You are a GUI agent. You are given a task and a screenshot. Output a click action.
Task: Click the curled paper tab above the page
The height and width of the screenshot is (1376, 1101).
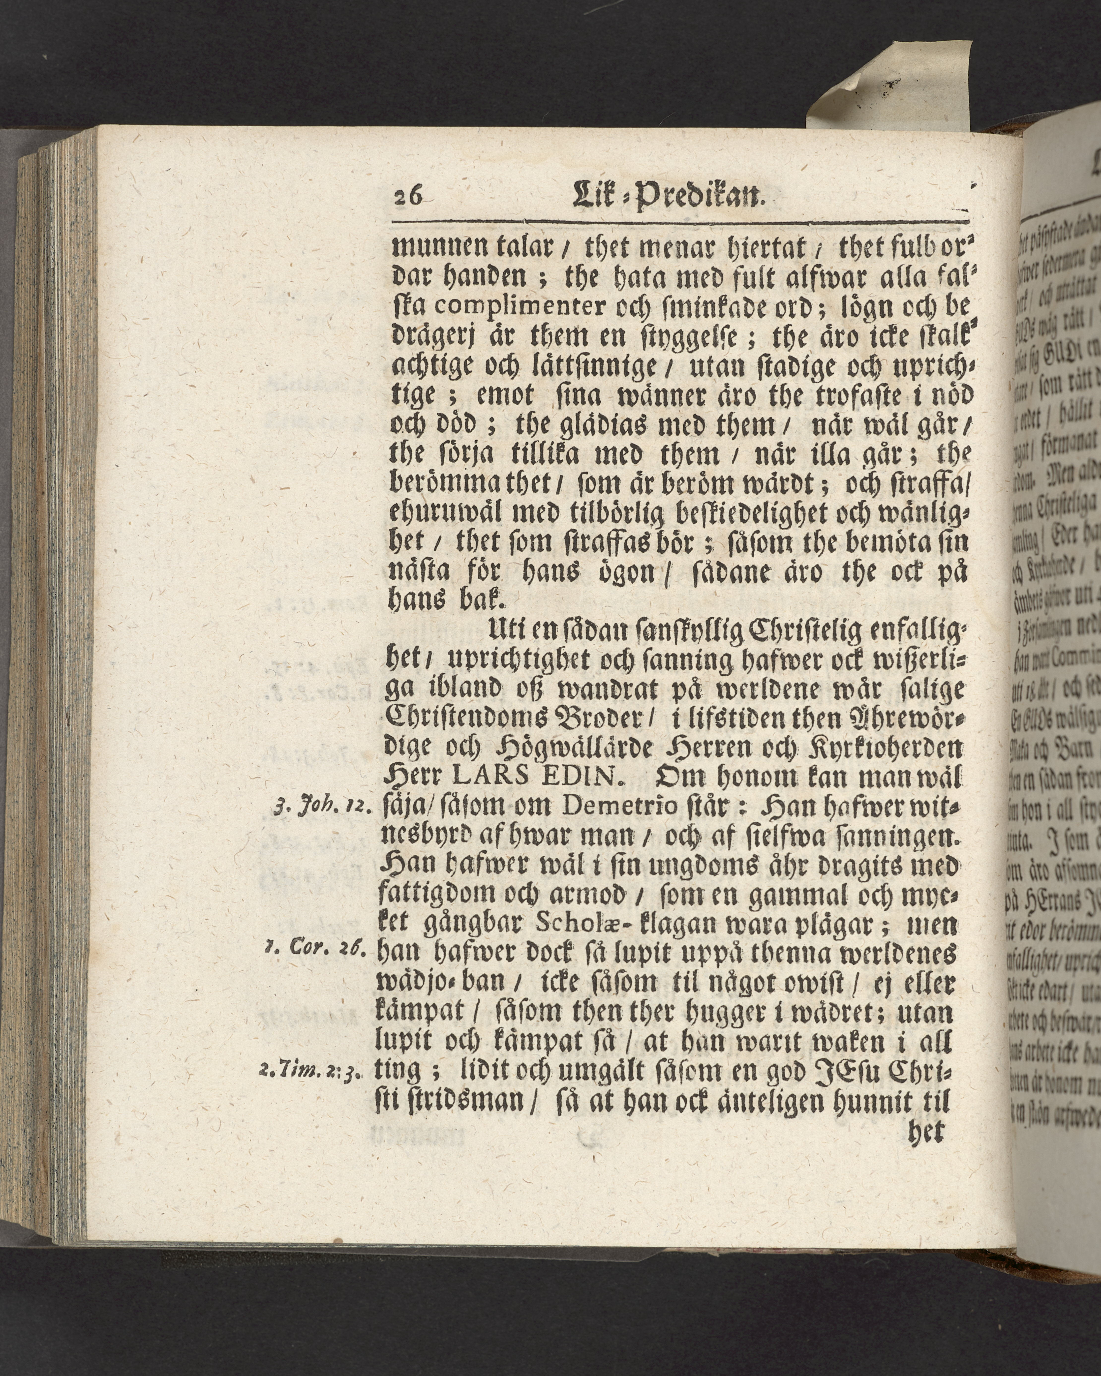click(x=893, y=83)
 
